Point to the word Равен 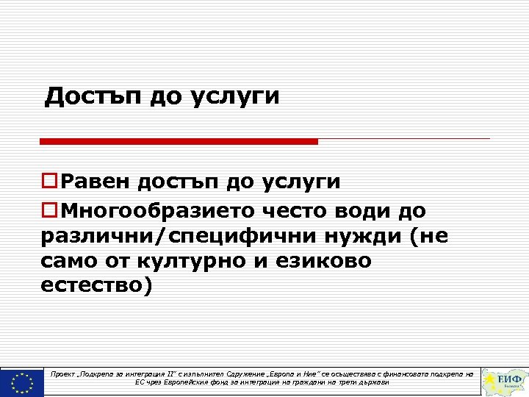(x=93, y=182)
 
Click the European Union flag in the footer (x=22, y=382)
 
